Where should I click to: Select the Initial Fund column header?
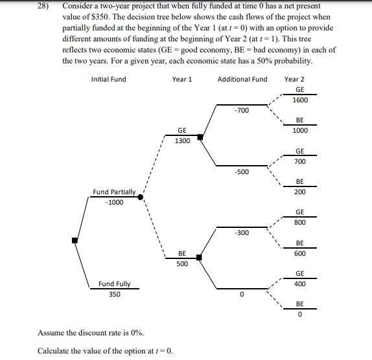tap(109, 80)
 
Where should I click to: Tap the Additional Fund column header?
tap(242, 80)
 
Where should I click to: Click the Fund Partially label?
tap(114, 192)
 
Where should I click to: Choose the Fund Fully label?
tap(114, 284)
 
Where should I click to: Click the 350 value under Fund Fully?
tap(114, 294)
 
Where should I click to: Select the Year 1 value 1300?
tap(182, 141)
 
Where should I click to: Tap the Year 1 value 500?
tap(182, 264)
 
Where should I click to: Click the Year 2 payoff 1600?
tap(299, 100)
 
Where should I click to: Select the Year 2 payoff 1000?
tap(299, 131)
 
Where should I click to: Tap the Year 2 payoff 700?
tap(299, 161)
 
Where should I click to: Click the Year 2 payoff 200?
tap(299, 192)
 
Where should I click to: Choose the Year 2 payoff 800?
tap(299, 223)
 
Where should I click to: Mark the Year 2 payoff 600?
tap(299, 253)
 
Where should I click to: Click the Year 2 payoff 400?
tap(299, 284)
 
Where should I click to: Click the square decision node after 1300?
tap(200, 137)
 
